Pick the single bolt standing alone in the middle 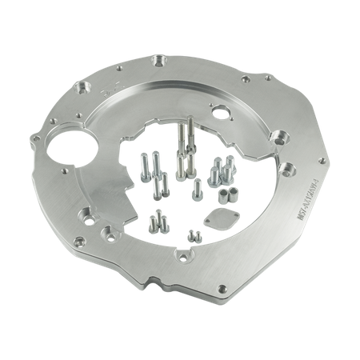coord(197,190)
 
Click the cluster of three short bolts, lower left coord(155,222)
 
